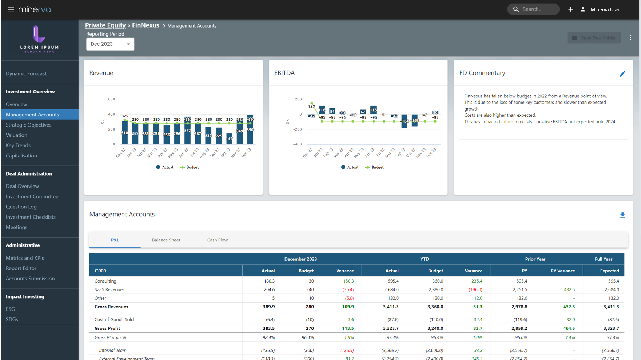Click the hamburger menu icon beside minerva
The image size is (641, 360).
click(x=11, y=9)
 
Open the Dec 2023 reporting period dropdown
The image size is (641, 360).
click(x=110, y=44)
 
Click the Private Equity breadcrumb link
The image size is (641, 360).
click(x=105, y=25)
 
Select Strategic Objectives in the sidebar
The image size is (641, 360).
click(x=29, y=125)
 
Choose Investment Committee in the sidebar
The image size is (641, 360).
click(x=32, y=196)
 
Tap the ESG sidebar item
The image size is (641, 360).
click(x=10, y=309)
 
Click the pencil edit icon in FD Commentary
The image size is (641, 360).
click(x=622, y=74)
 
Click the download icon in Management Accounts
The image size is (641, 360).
click(x=622, y=215)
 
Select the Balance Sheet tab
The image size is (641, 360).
click(x=166, y=240)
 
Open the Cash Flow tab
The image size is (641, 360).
click(x=217, y=240)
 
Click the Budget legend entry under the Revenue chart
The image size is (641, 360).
click(x=190, y=167)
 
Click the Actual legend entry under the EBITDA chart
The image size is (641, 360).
click(x=350, y=167)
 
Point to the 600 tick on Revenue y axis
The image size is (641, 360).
click(x=111, y=99)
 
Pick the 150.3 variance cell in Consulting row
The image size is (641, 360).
click(x=348, y=281)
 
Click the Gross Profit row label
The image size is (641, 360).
click(x=107, y=328)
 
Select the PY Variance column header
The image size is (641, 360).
click(x=562, y=271)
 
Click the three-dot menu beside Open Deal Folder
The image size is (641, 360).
click(x=630, y=38)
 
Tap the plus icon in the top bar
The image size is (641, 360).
click(x=570, y=9)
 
